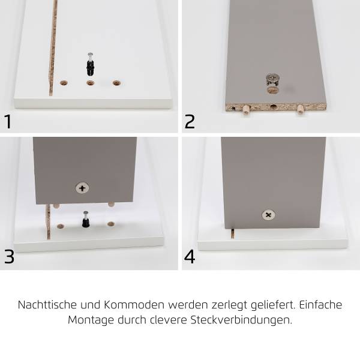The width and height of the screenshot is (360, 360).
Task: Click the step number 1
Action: [8, 121]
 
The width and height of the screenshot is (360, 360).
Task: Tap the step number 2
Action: [190, 121]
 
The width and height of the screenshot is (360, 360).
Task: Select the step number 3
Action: [9, 256]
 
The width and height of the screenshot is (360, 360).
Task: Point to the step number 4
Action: [190, 256]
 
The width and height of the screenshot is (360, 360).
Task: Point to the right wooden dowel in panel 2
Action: [298, 109]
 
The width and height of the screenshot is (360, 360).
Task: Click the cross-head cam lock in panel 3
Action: [82, 188]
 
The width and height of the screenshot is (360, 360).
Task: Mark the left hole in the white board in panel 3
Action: [61, 226]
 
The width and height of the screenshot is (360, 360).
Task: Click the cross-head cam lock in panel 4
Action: [268, 215]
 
